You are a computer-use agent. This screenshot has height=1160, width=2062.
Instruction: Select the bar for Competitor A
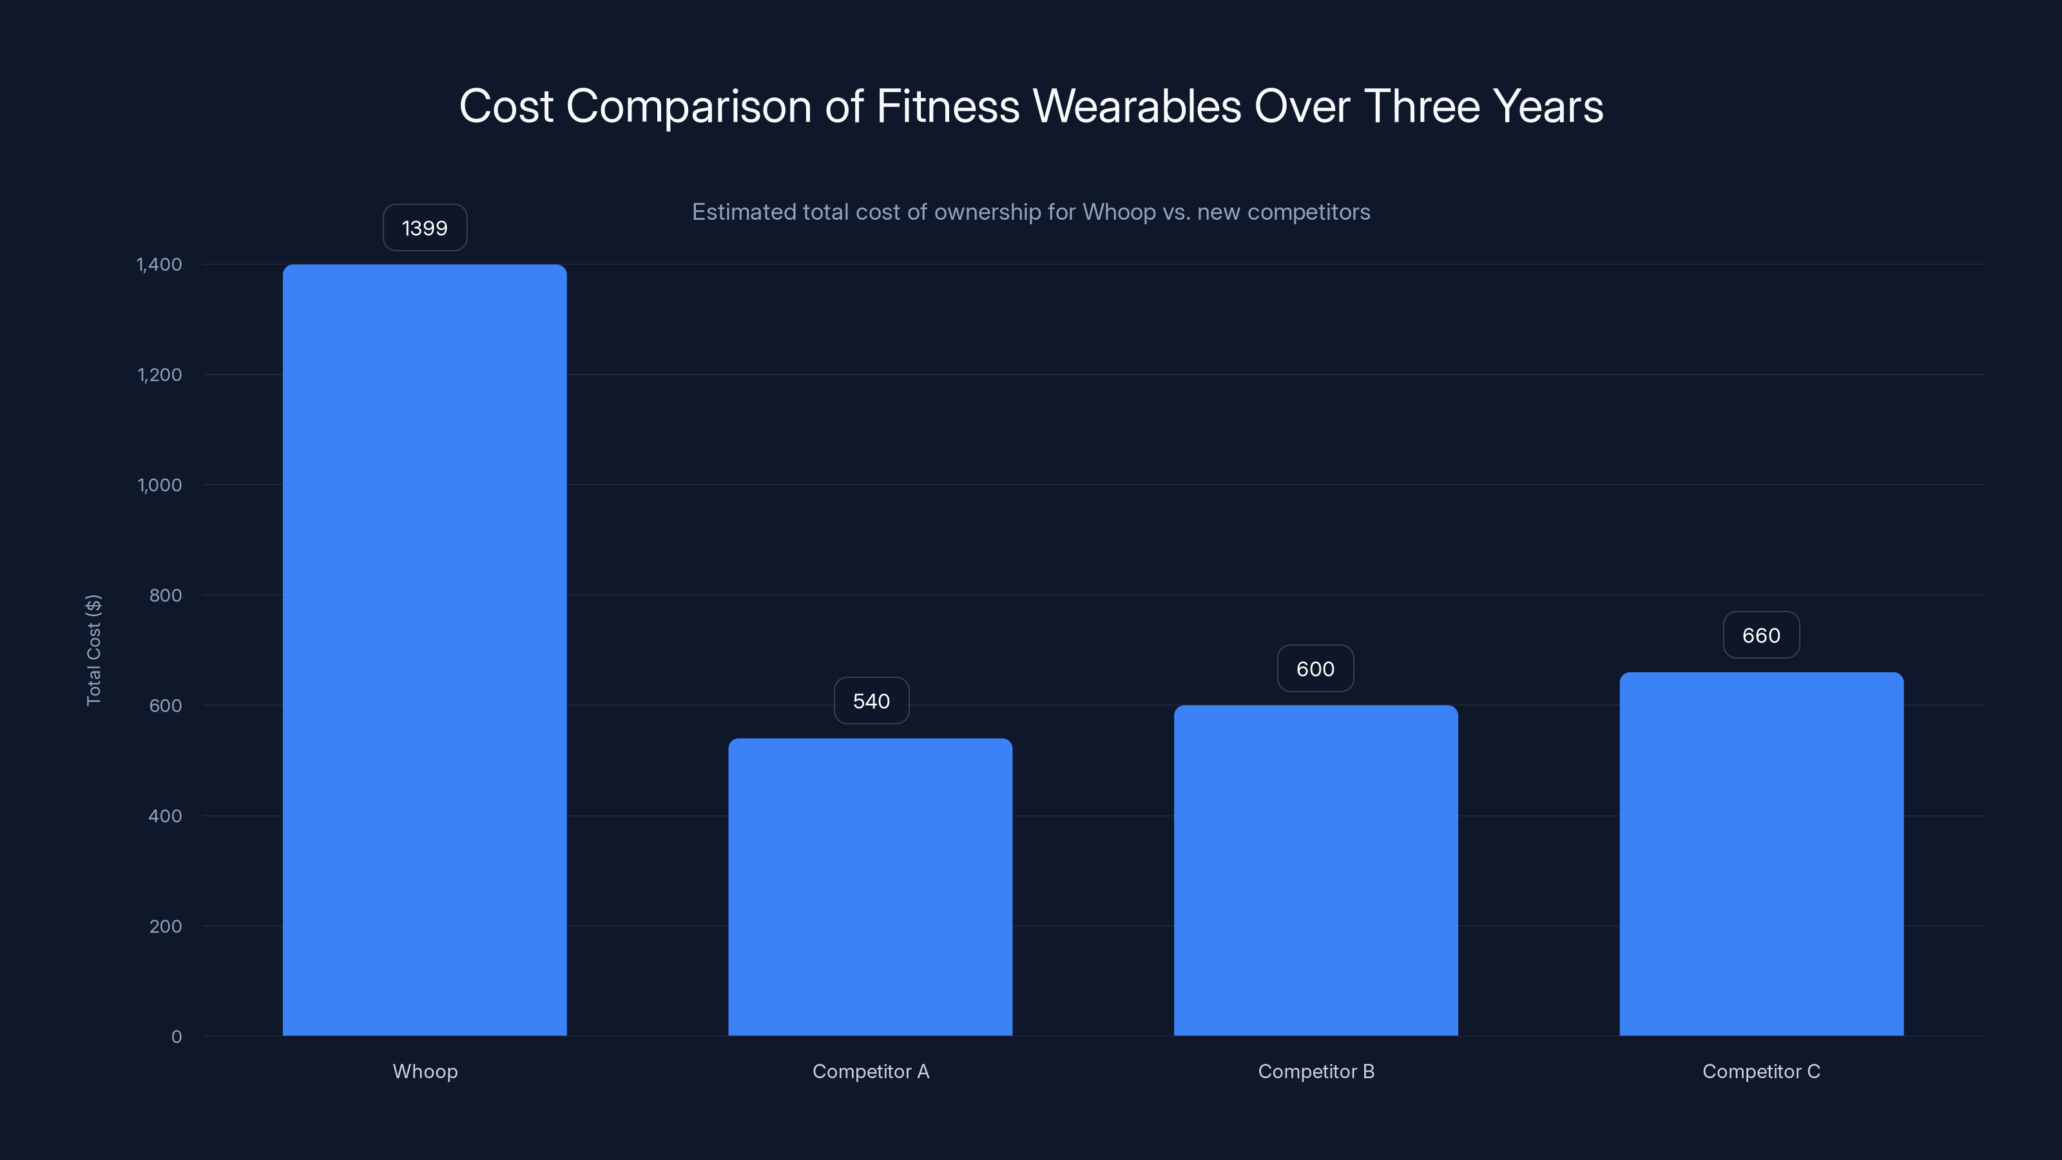tap(870, 886)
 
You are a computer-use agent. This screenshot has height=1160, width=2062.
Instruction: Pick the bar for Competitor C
tap(1761, 853)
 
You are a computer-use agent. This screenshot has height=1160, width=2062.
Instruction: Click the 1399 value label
tap(424, 228)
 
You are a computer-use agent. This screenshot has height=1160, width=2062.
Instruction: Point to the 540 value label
tap(871, 701)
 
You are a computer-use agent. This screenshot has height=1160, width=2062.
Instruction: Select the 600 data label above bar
tap(1315, 670)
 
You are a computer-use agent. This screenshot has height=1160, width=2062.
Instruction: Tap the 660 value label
tap(1761, 635)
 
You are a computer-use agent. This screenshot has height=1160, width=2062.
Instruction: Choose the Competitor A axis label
tap(870, 1071)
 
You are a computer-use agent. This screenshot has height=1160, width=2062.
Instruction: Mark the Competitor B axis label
tap(1316, 1071)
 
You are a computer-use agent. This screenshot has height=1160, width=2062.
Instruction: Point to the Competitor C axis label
tap(1761, 1071)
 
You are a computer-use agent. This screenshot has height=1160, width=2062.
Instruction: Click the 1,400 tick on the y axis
tap(159, 264)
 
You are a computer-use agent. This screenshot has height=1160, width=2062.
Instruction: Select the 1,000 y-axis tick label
tap(159, 485)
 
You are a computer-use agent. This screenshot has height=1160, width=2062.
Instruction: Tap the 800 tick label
tap(165, 595)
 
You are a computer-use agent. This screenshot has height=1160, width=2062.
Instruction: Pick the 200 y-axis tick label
tap(165, 926)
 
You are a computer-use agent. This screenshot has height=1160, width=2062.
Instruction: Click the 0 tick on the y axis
tap(176, 1037)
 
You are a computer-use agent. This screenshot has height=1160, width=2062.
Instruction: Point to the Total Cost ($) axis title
tap(93, 650)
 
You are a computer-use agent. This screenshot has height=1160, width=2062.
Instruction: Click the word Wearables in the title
tap(1137, 106)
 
